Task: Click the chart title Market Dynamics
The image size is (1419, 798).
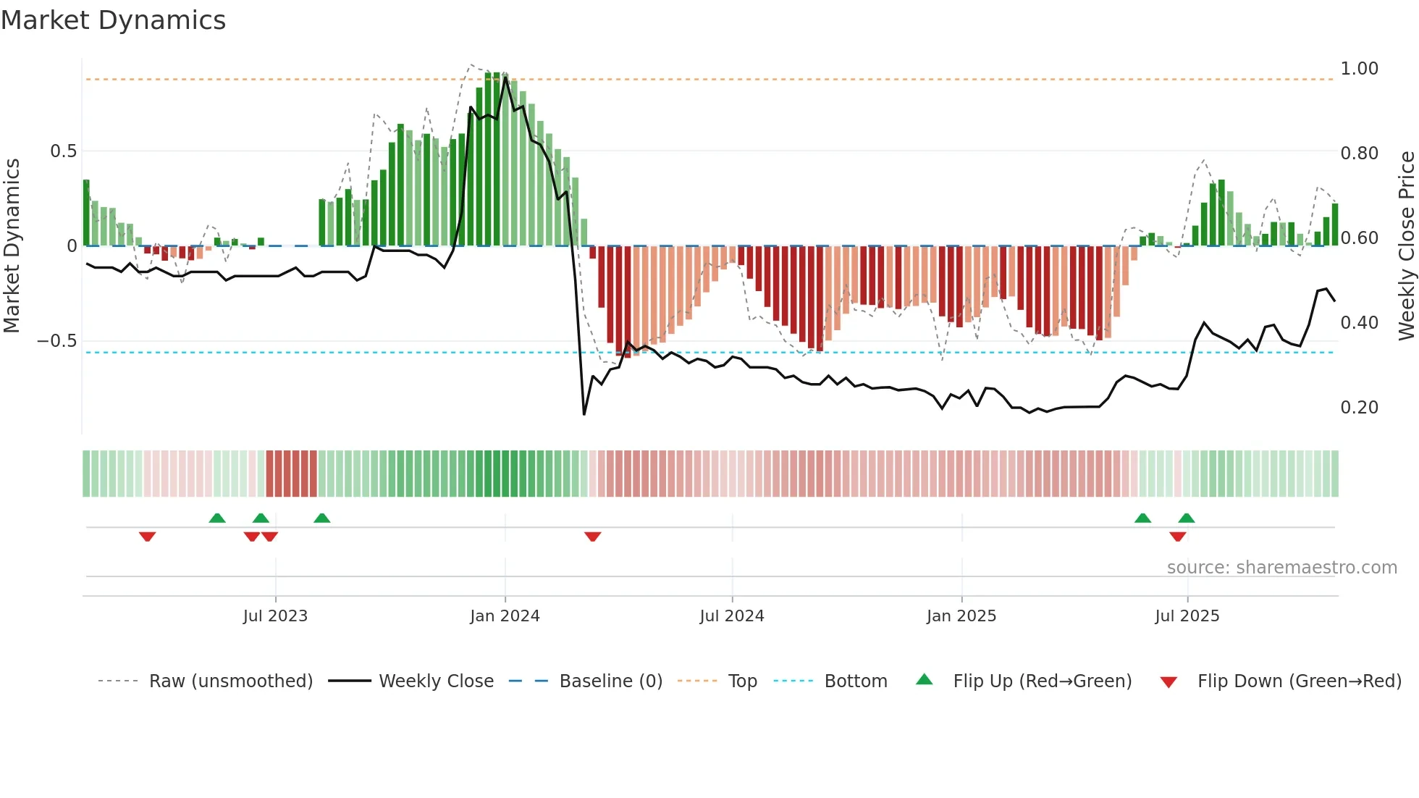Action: (x=113, y=20)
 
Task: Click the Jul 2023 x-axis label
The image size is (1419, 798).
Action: (x=275, y=616)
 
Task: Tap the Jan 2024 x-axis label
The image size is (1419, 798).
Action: (x=505, y=616)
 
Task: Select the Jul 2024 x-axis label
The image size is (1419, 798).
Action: (x=731, y=616)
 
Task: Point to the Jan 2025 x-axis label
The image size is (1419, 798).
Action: (x=961, y=616)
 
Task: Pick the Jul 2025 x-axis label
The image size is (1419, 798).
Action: (x=1187, y=616)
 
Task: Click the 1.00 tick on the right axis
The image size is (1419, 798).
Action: (x=1359, y=69)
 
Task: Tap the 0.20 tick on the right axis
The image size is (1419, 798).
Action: (x=1359, y=408)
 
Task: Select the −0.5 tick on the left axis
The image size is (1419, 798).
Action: (x=56, y=341)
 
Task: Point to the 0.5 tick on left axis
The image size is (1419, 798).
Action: (x=63, y=151)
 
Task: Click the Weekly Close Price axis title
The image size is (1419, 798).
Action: (x=1406, y=245)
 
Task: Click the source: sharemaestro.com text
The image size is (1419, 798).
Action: (x=1281, y=568)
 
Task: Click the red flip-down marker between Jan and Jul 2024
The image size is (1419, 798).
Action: (x=592, y=537)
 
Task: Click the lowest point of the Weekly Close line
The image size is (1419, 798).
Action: (x=584, y=414)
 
